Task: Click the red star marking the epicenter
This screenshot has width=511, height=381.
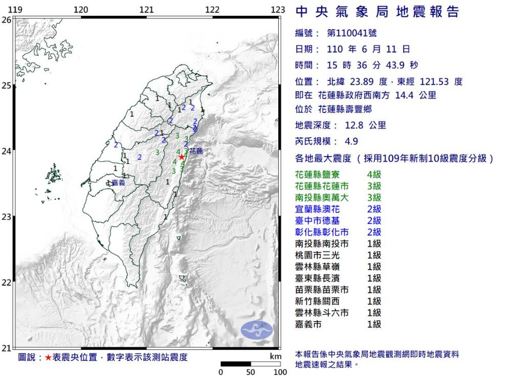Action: pos(182,157)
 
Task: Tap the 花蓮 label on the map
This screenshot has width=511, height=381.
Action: pos(196,151)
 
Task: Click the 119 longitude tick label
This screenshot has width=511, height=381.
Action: pos(16,10)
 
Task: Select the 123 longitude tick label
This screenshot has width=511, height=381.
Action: pos(278,10)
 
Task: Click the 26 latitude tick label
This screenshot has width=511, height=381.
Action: pos(6,20)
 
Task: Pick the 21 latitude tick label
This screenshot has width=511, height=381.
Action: pos(6,348)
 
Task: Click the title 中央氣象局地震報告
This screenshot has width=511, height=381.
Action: pos(377,12)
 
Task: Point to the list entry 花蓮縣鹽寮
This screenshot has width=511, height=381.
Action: pos(317,175)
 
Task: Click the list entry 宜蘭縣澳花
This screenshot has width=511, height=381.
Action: pos(317,209)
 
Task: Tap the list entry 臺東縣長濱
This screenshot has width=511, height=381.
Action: pos(317,278)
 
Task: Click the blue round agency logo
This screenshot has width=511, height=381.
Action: pos(257,330)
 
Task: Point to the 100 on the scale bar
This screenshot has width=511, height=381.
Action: pos(280,372)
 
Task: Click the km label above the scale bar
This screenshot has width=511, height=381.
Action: pos(276,356)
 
